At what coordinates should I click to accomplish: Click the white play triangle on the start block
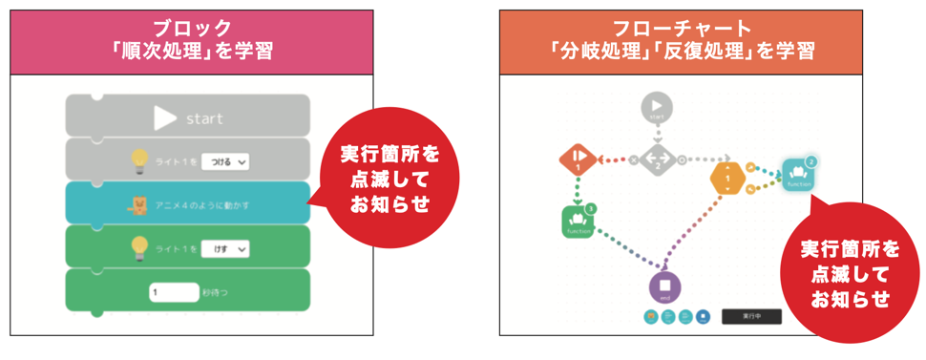[x=165, y=117]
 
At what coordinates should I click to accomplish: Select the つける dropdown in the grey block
[x=225, y=161]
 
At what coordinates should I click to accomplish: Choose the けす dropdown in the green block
[x=225, y=248]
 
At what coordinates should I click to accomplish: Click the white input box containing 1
[x=173, y=291]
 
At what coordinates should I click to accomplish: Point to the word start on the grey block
[x=204, y=118]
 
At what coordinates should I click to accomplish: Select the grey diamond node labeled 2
[x=656, y=159]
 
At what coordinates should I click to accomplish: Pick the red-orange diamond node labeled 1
[x=578, y=159]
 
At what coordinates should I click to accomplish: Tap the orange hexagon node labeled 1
[x=728, y=178]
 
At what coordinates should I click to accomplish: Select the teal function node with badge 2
[x=799, y=174]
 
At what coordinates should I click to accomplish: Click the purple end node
[x=665, y=286]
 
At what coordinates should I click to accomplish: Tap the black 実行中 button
[x=750, y=315]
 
